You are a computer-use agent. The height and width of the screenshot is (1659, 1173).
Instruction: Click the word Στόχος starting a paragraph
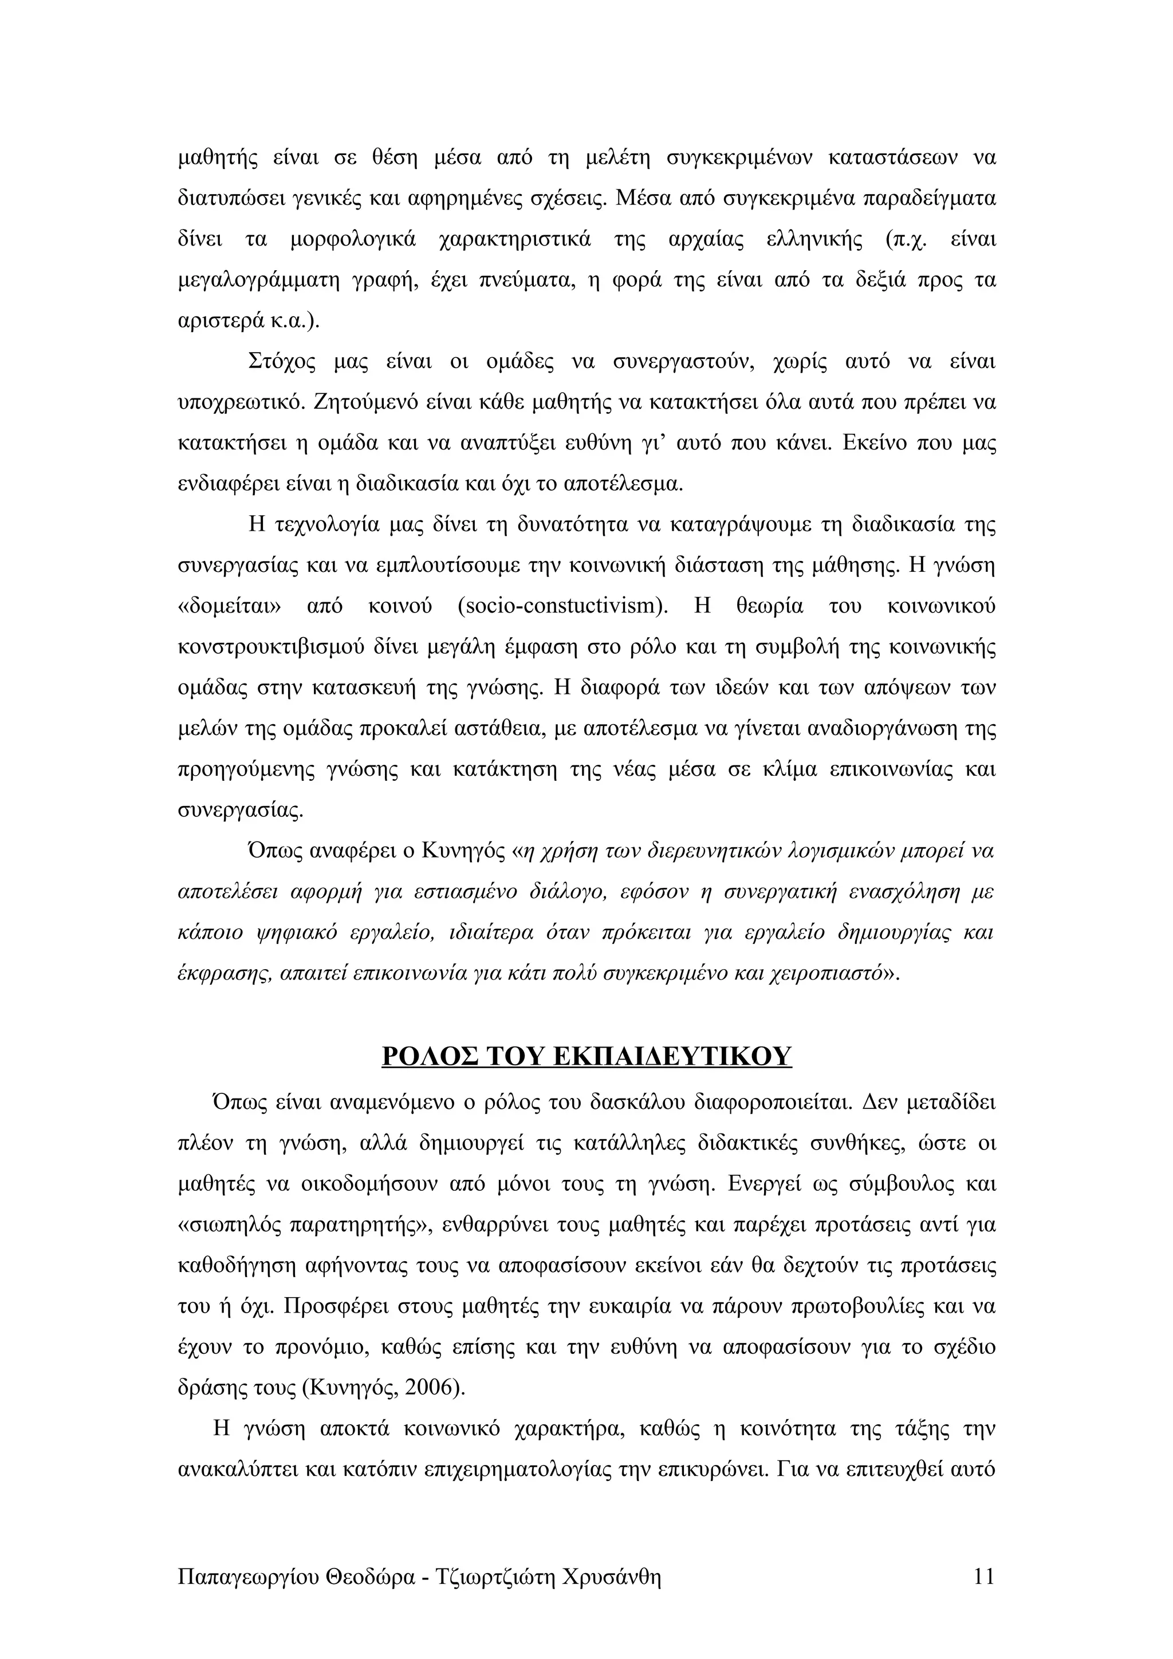pyautogui.click(x=282, y=361)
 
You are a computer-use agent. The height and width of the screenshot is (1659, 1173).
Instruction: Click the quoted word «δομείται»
pyautogui.click(x=230, y=606)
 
